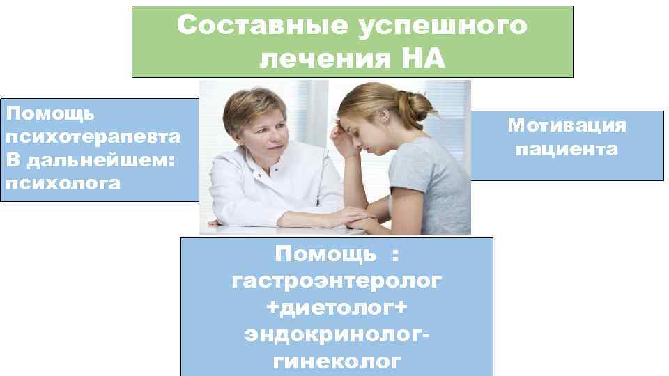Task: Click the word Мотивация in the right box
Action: pyautogui.click(x=567, y=125)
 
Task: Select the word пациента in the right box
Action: pyautogui.click(x=567, y=149)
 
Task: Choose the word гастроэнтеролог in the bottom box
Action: pyautogui.click(x=337, y=281)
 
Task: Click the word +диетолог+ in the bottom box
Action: pyautogui.click(x=337, y=308)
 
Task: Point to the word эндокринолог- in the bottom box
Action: pyautogui.click(x=337, y=334)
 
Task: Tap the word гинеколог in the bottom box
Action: pyautogui.click(x=337, y=361)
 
